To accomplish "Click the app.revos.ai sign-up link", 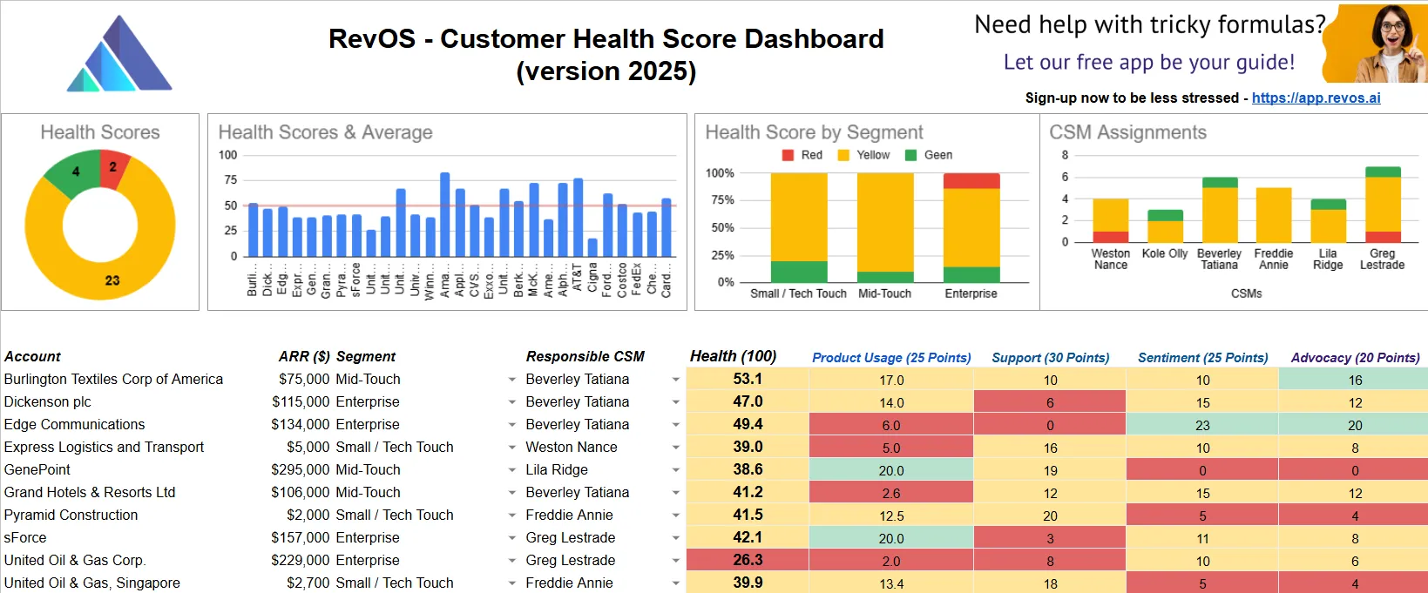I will pyautogui.click(x=1316, y=98).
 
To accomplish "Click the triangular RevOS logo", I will pyautogui.click(x=119, y=56).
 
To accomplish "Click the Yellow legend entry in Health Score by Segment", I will pyautogui.click(x=863, y=155).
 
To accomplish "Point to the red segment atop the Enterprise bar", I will pyautogui.click(x=971, y=181).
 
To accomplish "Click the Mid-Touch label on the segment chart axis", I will pyautogui.click(x=884, y=293).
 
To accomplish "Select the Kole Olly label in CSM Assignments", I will pyautogui.click(x=1165, y=253).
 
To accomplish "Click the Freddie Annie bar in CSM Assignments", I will pyautogui.click(x=1273, y=214).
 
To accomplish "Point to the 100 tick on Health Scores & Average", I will pyautogui.click(x=227, y=155).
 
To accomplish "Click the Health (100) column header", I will pyautogui.click(x=733, y=356).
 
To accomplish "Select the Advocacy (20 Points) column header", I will pyautogui.click(x=1355, y=357).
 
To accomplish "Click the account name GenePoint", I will pyautogui.click(x=37, y=469).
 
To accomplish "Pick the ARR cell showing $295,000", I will pyautogui.click(x=300, y=469).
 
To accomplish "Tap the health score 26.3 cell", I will pyautogui.click(x=748, y=560).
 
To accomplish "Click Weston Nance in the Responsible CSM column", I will pyautogui.click(x=571, y=447).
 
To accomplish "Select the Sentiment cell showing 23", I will pyautogui.click(x=1202, y=425).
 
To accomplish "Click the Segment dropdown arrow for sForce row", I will pyautogui.click(x=512, y=538).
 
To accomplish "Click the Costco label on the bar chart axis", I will pyautogui.click(x=622, y=280).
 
